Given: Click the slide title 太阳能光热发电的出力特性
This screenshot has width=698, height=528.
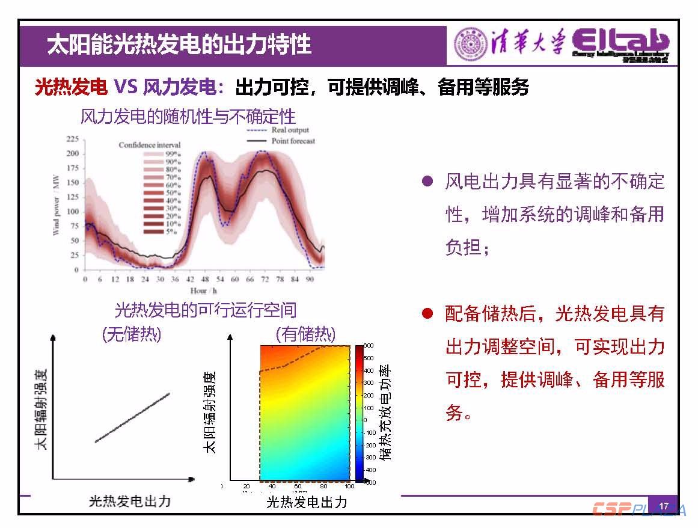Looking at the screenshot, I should click(179, 45).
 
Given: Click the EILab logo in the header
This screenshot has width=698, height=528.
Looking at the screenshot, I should click(620, 45).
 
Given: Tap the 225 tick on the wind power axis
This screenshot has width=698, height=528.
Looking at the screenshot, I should click(72, 139).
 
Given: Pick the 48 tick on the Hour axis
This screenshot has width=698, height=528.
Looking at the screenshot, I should click(204, 280).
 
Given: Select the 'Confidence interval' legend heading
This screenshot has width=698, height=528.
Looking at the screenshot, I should click(150, 145).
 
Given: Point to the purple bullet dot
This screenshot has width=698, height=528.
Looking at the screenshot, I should click(427, 181).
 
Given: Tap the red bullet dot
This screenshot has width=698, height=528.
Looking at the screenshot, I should click(427, 314).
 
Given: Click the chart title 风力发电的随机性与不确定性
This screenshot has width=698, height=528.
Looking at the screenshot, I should click(188, 116).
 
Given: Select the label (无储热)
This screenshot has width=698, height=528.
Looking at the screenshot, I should click(132, 335).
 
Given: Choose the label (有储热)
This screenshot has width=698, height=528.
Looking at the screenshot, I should click(305, 335).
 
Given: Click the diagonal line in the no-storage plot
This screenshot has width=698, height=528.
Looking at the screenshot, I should click(132, 417).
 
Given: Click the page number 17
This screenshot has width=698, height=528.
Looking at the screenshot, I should click(664, 506).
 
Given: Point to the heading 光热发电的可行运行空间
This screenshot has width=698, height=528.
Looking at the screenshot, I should click(206, 310).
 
